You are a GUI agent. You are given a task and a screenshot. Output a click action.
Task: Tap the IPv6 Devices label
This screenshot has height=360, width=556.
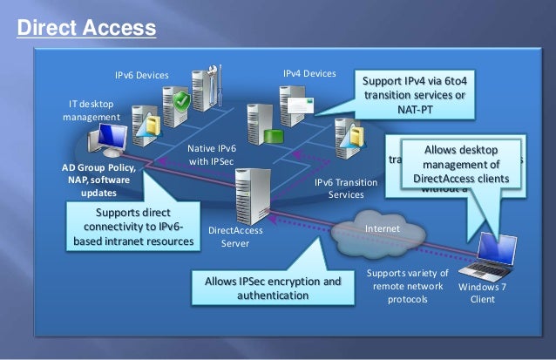coord(141,75)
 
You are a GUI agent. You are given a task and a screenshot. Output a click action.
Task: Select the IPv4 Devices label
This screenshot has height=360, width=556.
coord(309,74)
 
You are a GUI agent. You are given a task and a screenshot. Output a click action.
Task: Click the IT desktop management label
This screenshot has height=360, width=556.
coord(91,111)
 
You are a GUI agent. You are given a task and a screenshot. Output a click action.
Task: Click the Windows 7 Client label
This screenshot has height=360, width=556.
coord(482,292)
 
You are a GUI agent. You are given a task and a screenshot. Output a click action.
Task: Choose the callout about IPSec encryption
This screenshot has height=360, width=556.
coord(272,289)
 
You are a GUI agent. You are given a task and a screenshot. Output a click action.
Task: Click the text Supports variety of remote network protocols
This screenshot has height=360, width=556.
coord(408,286)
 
